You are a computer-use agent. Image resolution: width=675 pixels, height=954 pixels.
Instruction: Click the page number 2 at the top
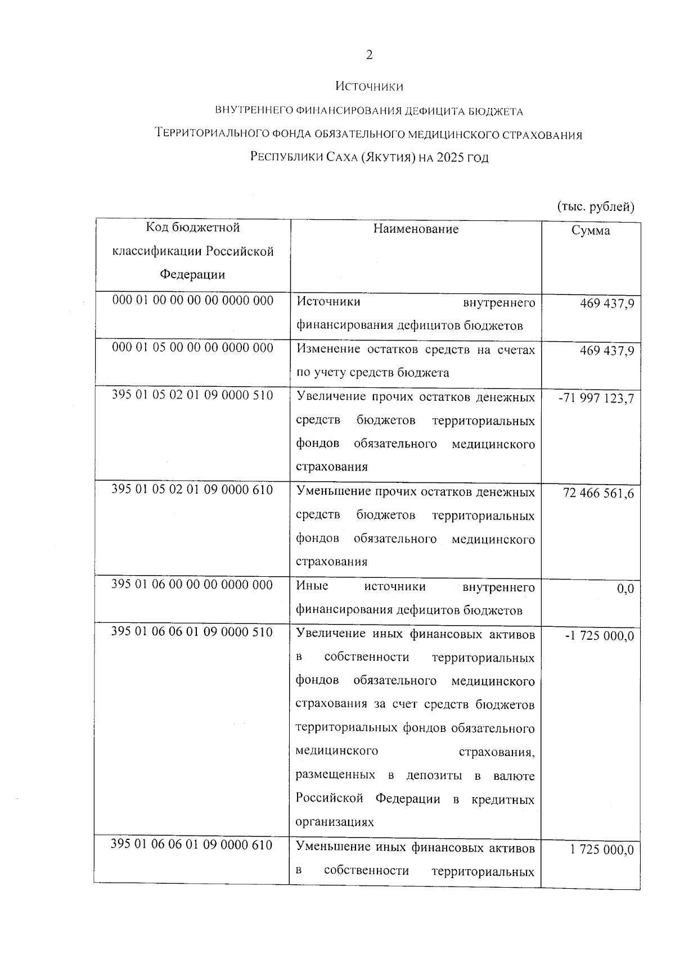[369, 55]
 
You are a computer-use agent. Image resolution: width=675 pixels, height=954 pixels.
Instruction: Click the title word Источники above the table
[369, 87]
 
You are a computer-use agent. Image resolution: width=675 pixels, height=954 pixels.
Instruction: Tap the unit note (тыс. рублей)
[595, 207]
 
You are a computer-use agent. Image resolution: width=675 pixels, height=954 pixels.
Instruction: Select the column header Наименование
[416, 229]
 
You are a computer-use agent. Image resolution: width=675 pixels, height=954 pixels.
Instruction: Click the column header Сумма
[591, 230]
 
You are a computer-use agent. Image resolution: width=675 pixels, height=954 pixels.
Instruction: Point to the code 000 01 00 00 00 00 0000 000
[193, 300]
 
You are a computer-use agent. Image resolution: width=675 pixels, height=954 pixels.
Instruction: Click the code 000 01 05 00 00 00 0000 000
[193, 347]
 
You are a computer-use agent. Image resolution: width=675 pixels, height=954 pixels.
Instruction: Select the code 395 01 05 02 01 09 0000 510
[192, 395]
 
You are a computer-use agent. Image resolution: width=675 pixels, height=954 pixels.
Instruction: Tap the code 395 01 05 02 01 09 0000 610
[192, 490]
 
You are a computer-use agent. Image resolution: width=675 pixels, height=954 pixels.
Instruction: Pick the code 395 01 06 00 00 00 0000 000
[192, 585]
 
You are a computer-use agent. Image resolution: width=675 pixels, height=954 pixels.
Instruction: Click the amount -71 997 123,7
[596, 399]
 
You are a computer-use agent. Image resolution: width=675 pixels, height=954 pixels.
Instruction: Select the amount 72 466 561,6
[598, 494]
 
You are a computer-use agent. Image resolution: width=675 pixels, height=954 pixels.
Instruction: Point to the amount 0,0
[625, 589]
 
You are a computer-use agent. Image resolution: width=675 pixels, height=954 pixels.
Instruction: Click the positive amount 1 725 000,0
[602, 849]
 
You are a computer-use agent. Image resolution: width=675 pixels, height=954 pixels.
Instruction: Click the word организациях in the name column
[335, 822]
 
